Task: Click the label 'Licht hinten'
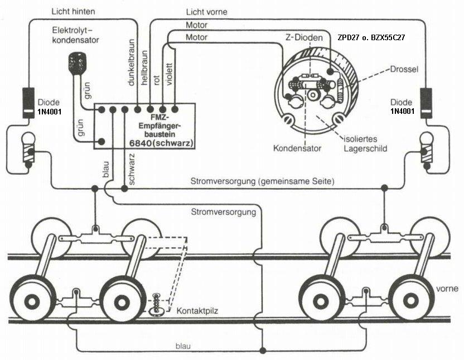73,11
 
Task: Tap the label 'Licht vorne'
206,11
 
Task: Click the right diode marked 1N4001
427,103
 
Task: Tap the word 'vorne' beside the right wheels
447,289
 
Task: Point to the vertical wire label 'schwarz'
132,169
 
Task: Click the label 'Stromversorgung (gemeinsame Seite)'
261,182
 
